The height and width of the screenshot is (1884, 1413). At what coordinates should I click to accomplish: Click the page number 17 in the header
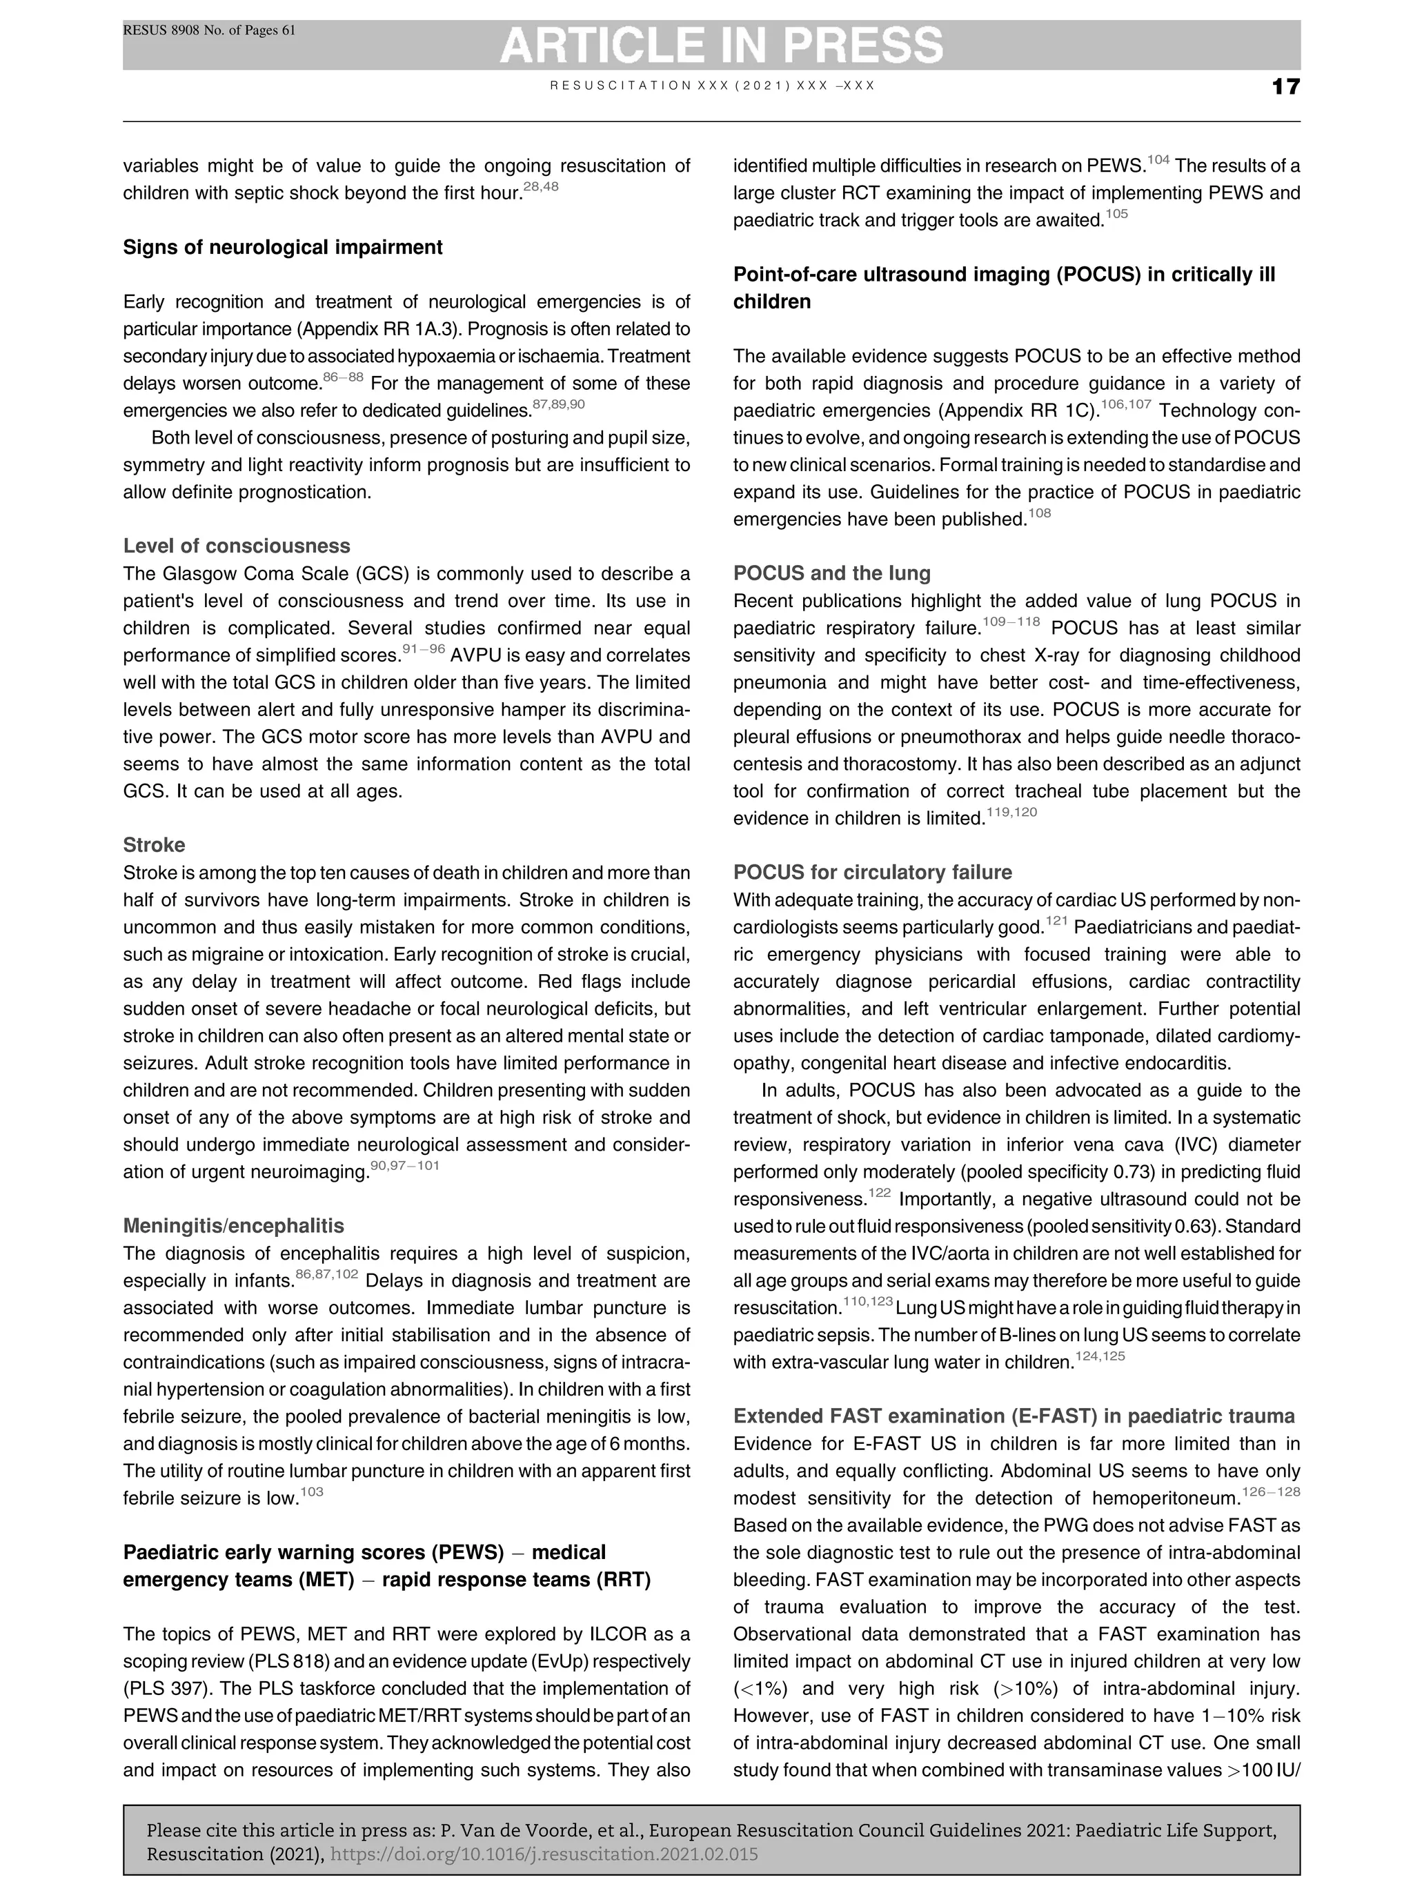tap(1285, 87)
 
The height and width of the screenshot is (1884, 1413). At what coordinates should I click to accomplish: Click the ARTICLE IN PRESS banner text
tap(720, 45)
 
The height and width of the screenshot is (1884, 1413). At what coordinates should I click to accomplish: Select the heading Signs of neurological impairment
tap(283, 248)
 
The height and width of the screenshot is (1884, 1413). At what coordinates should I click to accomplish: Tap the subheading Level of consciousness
tap(237, 546)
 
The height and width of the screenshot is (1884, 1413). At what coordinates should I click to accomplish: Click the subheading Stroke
tap(154, 845)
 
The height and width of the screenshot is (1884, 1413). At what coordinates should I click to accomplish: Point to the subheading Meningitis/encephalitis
tap(234, 1226)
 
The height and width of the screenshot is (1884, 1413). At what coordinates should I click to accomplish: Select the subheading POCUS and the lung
tap(831, 573)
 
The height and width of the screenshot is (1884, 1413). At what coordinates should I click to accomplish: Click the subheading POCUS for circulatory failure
tap(872, 872)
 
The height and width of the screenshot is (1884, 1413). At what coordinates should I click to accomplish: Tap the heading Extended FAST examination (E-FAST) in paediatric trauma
tap(1014, 1416)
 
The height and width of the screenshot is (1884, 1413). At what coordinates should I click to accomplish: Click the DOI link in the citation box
tap(544, 1854)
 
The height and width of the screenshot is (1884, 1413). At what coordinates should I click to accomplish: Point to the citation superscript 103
tap(312, 1492)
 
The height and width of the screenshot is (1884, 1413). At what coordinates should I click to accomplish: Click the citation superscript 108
tap(1039, 513)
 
